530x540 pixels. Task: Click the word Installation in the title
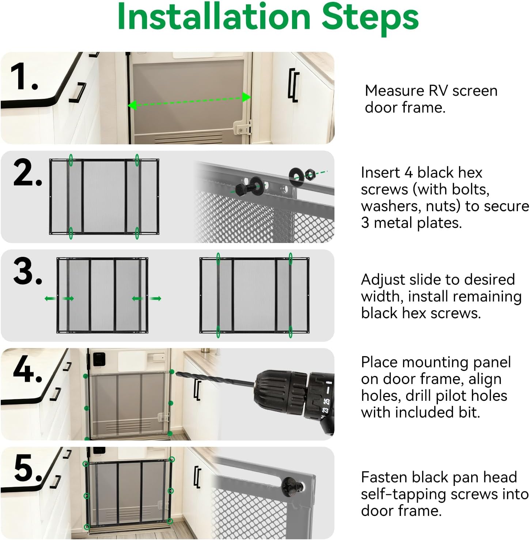(x=214, y=17)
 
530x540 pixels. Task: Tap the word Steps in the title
(x=370, y=17)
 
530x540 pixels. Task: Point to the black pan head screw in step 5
(x=292, y=486)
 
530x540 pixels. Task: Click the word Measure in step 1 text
(x=394, y=91)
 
